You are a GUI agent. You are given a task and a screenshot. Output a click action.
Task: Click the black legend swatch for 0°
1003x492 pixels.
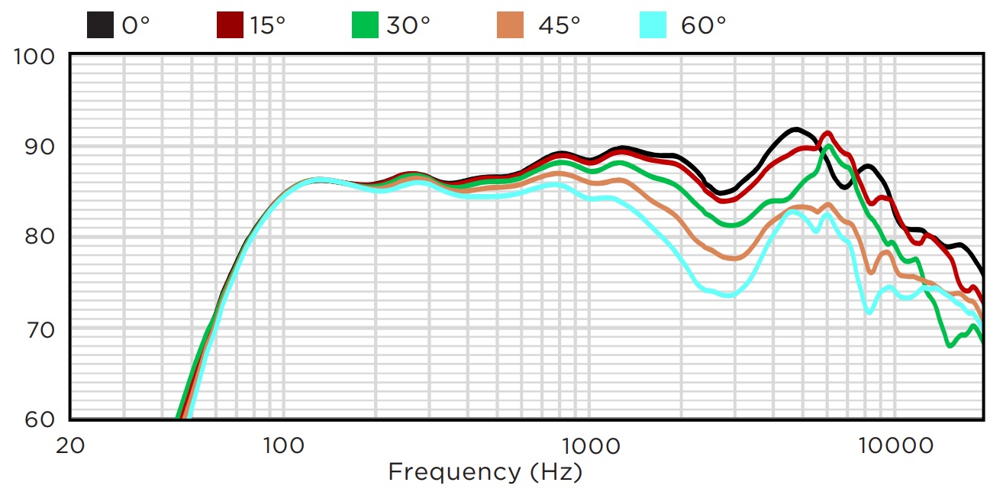[x=100, y=25]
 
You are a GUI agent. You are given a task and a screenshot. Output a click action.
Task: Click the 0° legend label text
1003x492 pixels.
[x=136, y=25]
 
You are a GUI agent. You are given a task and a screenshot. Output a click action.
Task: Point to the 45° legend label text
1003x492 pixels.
[x=559, y=25]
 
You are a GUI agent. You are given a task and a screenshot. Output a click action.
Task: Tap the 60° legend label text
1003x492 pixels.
[x=703, y=25]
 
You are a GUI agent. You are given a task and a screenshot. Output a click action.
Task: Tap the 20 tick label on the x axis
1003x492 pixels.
[x=70, y=446]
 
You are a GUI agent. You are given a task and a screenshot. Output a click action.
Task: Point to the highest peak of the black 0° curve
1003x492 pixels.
[x=795, y=129]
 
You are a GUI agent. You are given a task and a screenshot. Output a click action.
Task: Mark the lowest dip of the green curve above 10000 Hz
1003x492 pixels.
[x=950, y=345]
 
